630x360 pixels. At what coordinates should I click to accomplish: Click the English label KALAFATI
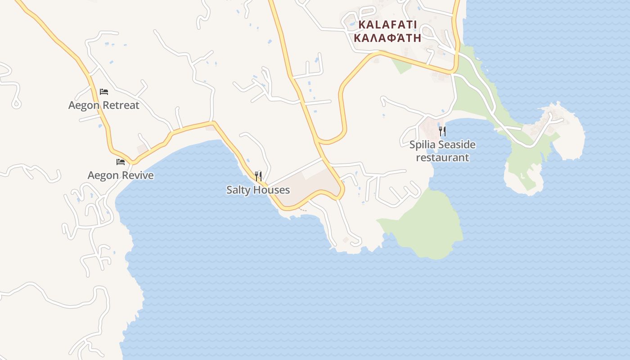coord(387,24)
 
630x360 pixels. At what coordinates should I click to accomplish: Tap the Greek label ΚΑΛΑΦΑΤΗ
coord(387,37)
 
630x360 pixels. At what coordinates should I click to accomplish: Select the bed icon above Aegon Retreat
coord(104,92)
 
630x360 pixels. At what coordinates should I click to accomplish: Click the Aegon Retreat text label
coord(103,105)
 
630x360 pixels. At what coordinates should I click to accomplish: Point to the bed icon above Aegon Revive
coord(121,162)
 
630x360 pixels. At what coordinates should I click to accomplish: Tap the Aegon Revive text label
coord(121,175)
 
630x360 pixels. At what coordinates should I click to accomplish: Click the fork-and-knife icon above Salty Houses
coord(258,176)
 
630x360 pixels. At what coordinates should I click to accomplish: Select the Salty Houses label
coord(258,190)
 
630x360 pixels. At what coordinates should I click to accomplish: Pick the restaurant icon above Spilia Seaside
coord(442,131)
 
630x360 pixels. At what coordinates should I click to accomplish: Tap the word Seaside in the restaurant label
coord(457,144)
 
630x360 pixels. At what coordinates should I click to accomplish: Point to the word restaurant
coord(442,157)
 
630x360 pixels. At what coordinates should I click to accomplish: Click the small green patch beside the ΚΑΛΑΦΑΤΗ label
coord(402,66)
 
